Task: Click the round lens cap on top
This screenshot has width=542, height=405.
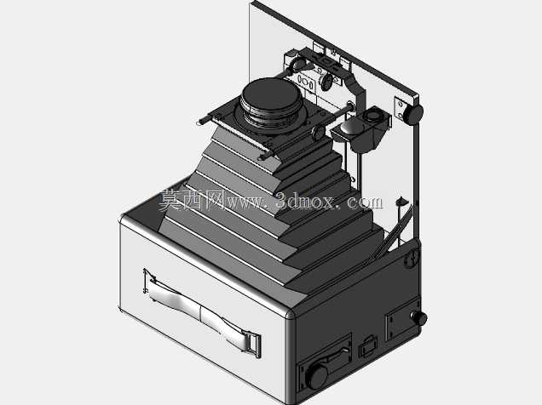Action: [271, 94]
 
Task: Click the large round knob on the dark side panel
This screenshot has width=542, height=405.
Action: [317, 376]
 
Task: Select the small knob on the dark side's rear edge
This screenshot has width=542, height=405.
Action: [419, 317]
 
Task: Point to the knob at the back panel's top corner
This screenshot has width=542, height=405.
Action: [413, 114]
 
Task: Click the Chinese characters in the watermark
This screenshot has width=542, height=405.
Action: [193, 201]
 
